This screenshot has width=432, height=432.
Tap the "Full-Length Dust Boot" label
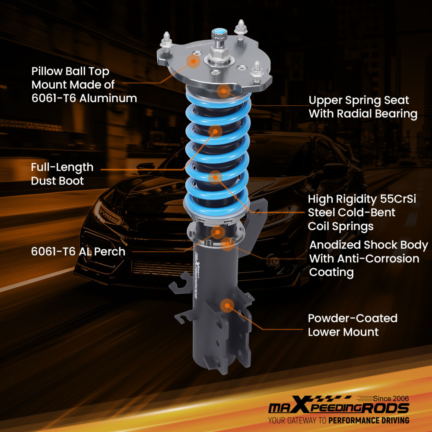(62, 174)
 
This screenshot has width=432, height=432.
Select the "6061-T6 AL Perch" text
(78, 251)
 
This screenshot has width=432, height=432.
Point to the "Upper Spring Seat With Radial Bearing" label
(363, 107)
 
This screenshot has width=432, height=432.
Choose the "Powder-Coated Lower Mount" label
(352, 325)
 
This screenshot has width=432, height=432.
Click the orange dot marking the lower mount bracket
(227, 305)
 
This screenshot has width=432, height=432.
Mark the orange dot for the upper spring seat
(224, 91)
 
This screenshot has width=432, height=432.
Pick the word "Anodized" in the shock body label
(335, 245)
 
